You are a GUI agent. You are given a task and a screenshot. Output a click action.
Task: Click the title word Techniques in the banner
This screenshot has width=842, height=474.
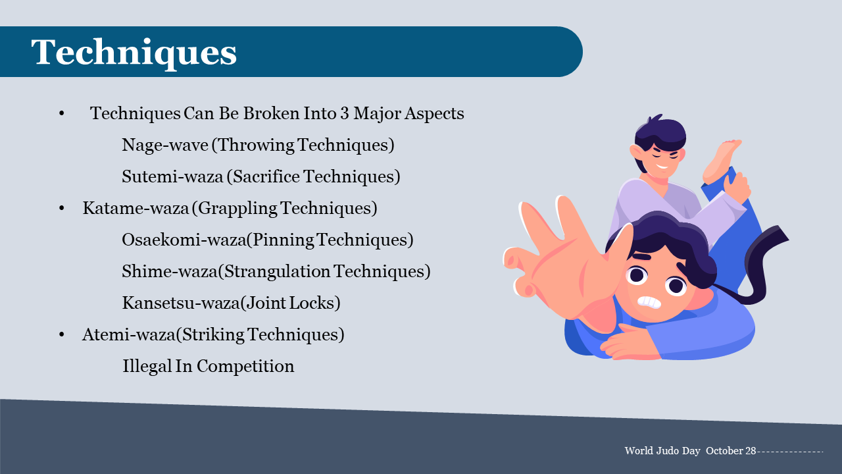pos(134,53)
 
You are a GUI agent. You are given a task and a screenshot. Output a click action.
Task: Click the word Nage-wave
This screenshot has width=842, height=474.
pos(165,145)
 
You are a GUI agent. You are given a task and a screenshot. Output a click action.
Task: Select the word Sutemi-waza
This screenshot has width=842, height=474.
pos(172,177)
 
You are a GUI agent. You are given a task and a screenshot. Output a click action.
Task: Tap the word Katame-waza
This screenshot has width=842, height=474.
pos(136,209)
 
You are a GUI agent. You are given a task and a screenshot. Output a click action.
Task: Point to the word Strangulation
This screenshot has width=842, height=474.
pos(277,272)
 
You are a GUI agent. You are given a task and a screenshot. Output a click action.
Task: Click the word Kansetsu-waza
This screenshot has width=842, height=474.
pos(181,303)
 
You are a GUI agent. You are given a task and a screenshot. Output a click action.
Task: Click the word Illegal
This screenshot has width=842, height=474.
pos(147,367)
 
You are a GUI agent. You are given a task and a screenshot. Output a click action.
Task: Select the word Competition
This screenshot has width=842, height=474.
pos(245,367)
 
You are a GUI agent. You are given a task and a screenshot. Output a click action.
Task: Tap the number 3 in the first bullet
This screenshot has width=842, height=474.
pos(345,114)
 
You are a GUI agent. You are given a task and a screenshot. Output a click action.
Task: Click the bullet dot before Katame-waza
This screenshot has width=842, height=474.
pos(62,209)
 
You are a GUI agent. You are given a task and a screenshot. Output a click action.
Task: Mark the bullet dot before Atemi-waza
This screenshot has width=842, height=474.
pos(62,335)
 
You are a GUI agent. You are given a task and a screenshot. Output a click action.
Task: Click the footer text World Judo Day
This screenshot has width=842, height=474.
pos(662,451)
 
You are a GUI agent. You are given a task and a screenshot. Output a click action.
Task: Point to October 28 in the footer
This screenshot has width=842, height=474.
pos(731,451)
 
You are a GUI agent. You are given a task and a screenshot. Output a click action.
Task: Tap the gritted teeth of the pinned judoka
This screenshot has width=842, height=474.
pos(649,302)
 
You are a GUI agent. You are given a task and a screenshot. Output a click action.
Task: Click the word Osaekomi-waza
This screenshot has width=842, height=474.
pos(184,240)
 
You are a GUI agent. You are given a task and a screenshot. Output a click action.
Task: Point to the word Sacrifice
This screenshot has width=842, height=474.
pos(266,177)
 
